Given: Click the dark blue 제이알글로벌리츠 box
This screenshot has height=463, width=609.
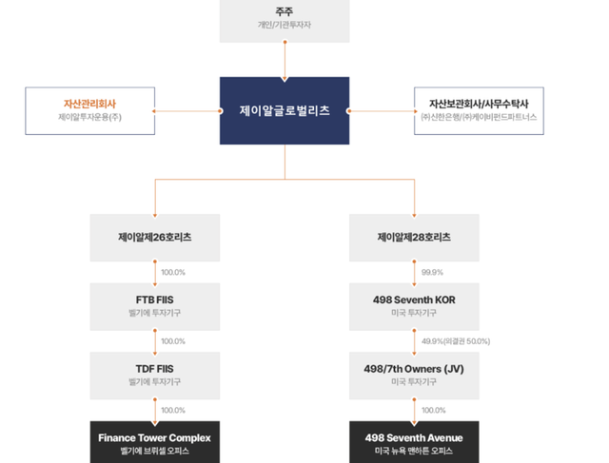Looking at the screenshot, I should pyautogui.click(x=285, y=111).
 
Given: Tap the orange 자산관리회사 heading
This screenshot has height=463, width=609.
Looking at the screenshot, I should pyautogui.click(x=89, y=103).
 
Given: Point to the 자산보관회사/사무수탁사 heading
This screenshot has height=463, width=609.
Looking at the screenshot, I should pyautogui.click(x=479, y=103).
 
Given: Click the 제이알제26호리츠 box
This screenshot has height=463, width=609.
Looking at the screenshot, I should pyautogui.click(x=155, y=237).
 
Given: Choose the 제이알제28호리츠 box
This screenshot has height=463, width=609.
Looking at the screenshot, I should pyautogui.click(x=414, y=237).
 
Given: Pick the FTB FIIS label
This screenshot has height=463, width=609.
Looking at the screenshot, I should pyautogui.click(x=155, y=299).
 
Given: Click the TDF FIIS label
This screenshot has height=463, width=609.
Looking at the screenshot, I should pyautogui.click(x=155, y=369).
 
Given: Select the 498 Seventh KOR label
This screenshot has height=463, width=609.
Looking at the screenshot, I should pyautogui.click(x=414, y=299).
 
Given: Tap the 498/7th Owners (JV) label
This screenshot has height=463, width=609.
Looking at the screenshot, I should pyautogui.click(x=414, y=369).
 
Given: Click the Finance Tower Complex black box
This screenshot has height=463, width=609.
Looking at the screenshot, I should pyautogui.click(x=155, y=437).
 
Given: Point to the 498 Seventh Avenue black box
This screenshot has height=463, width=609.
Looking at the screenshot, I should pyautogui.click(x=414, y=437).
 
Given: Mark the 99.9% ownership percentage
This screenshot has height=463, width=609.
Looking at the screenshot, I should pyautogui.click(x=434, y=272).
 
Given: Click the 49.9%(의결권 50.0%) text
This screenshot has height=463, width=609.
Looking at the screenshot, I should pyautogui.click(x=456, y=341).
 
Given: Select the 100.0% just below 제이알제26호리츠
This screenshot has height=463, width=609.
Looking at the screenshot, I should pyautogui.click(x=173, y=272).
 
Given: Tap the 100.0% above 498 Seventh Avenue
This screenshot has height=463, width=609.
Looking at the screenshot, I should pyautogui.click(x=434, y=411).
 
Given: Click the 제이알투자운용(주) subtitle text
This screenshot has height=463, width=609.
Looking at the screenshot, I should pyautogui.click(x=89, y=117).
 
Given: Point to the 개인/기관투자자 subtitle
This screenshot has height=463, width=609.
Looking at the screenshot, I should pyautogui.click(x=285, y=25).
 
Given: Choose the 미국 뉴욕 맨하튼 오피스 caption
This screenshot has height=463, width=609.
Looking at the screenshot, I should pyautogui.click(x=414, y=451).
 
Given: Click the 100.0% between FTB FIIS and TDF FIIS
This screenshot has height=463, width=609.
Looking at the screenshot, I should pyautogui.click(x=173, y=341).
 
